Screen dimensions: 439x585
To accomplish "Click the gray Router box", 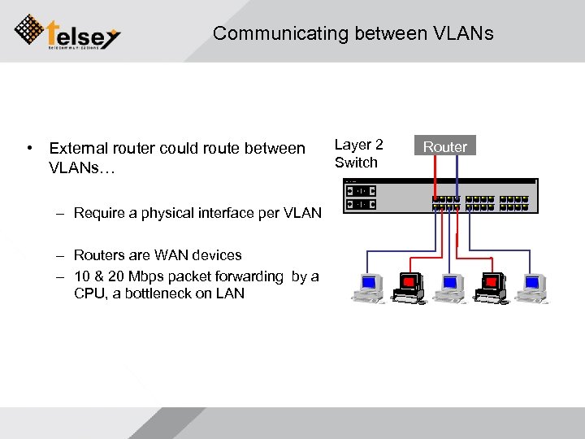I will click(445, 146).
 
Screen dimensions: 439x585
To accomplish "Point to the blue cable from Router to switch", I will click(457, 175).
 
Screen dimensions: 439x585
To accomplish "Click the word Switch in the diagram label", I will click(356, 163).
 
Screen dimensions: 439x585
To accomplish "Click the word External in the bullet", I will click(77, 148).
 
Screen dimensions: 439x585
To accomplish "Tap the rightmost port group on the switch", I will click(518, 202).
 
